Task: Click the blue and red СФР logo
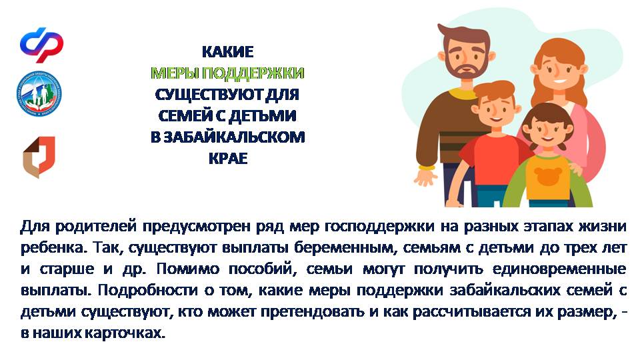click(41, 45)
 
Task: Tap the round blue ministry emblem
click(39, 94)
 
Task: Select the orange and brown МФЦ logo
click(39, 157)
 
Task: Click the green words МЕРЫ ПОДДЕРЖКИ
click(228, 73)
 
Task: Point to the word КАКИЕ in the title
click(228, 52)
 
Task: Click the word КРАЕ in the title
click(228, 158)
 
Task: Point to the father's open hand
click(425, 177)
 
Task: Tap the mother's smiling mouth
click(560, 81)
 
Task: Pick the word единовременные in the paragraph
click(559, 269)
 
